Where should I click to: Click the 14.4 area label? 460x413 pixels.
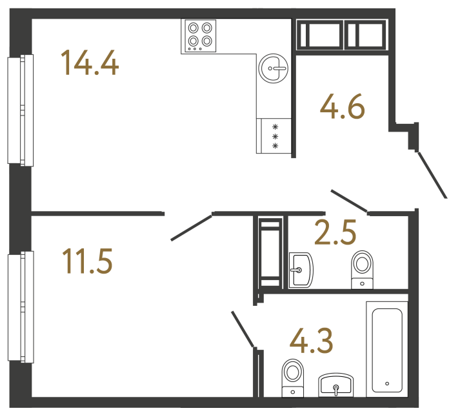click(89, 63)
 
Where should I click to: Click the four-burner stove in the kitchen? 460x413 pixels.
click(199, 36)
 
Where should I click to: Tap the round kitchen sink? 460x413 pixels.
click(274, 68)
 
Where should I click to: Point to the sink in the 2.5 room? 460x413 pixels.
click(301, 269)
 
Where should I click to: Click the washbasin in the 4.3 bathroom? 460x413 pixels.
click(335, 385)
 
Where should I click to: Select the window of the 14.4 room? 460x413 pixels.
click(19, 110)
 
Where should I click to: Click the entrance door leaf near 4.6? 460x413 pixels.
click(432, 174)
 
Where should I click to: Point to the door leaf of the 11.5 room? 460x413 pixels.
click(192, 226)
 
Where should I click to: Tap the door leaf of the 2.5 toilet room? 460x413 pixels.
click(349, 201)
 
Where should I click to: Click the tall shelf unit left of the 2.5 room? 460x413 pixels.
click(270, 252)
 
